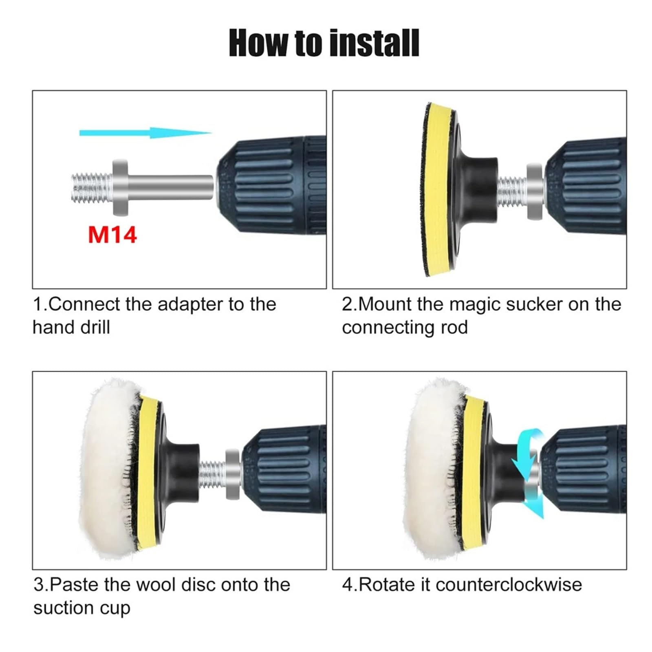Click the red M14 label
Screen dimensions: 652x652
point(112,235)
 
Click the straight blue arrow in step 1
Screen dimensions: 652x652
point(145,132)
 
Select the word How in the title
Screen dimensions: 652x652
point(260,43)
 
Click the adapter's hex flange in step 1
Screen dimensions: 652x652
point(120,187)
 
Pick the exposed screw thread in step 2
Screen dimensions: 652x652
point(513,190)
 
